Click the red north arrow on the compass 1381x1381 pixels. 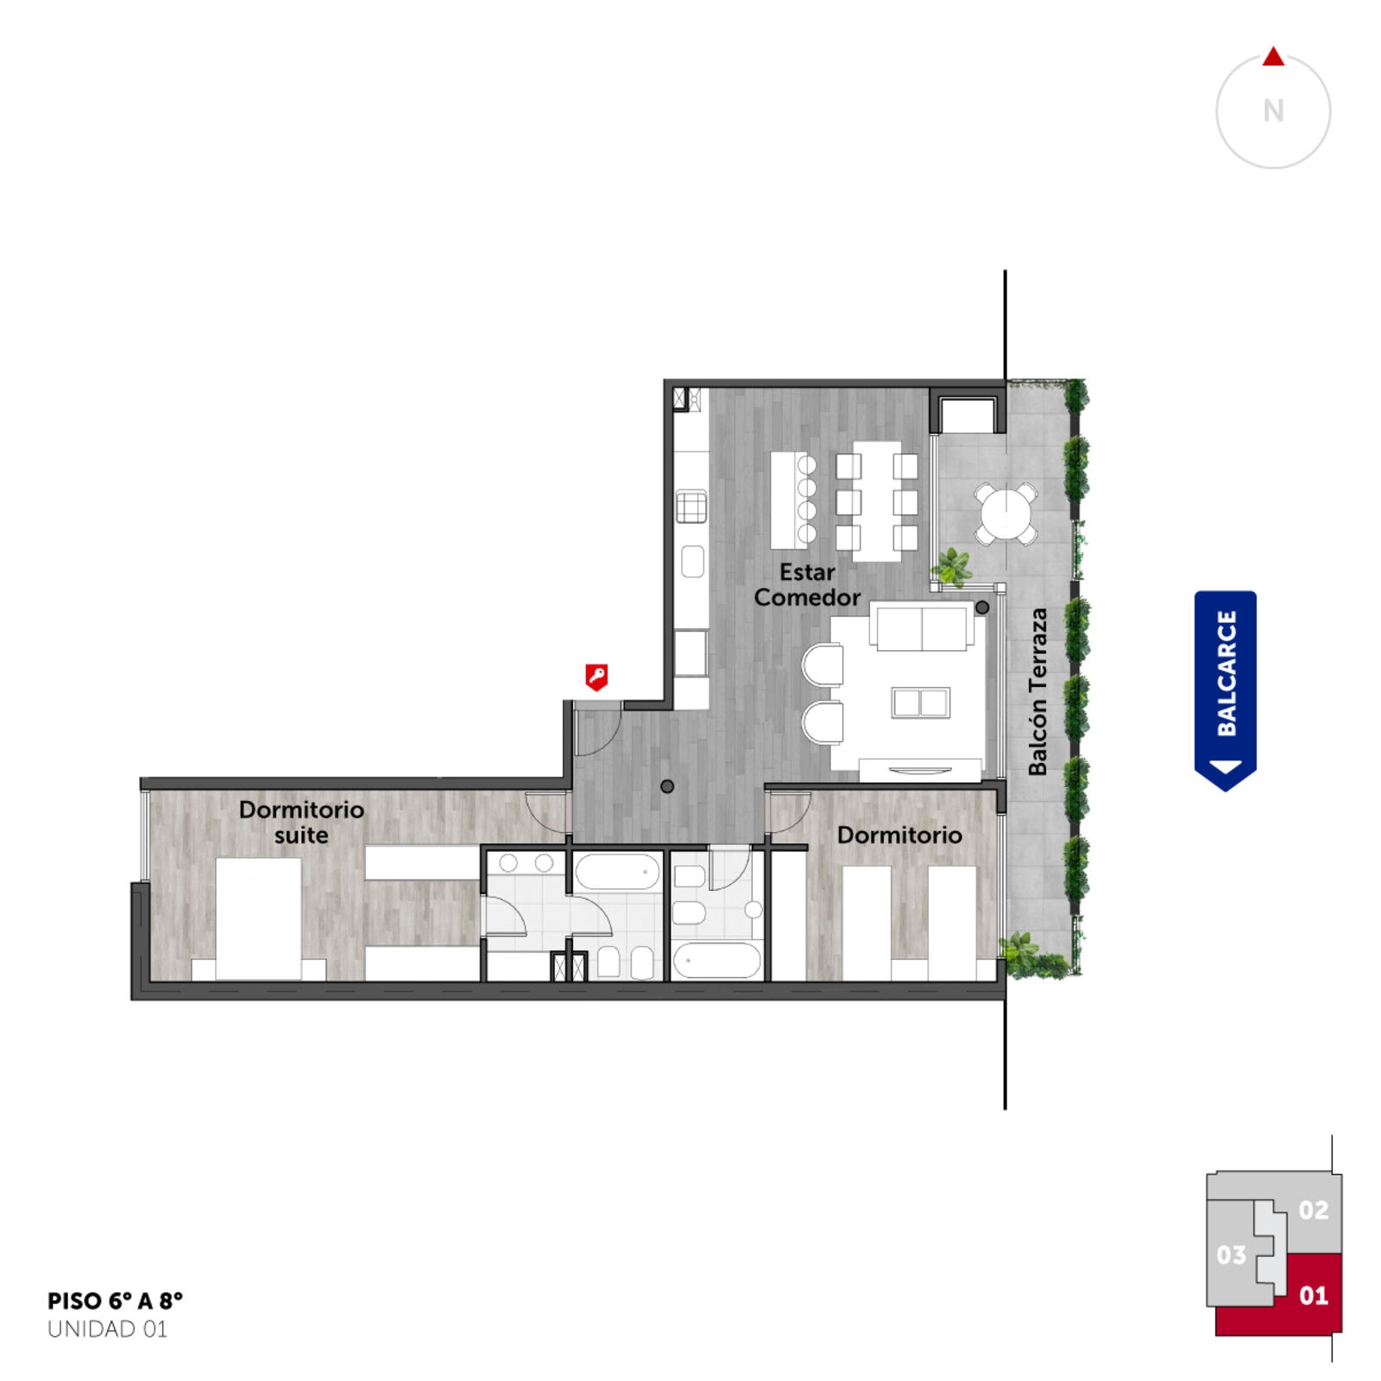1273,57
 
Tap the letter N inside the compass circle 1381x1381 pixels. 1273,111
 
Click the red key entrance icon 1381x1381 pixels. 596,677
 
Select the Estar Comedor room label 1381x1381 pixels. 807,585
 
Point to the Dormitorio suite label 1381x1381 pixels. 301,823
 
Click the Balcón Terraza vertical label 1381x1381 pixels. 1037,691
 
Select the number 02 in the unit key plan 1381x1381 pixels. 1314,1211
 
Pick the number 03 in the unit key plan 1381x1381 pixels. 1232,1255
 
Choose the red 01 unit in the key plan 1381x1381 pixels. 1312,1295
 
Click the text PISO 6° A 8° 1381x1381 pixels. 115,1301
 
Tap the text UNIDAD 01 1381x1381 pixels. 107,1329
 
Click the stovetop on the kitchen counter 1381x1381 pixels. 690,507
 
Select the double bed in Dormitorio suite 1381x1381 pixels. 258,918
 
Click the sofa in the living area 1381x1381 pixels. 922,627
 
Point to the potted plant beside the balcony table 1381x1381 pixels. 953,567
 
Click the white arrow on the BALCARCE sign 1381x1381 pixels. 1226,766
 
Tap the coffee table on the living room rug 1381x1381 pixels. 921,703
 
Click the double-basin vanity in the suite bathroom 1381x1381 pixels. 526,863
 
